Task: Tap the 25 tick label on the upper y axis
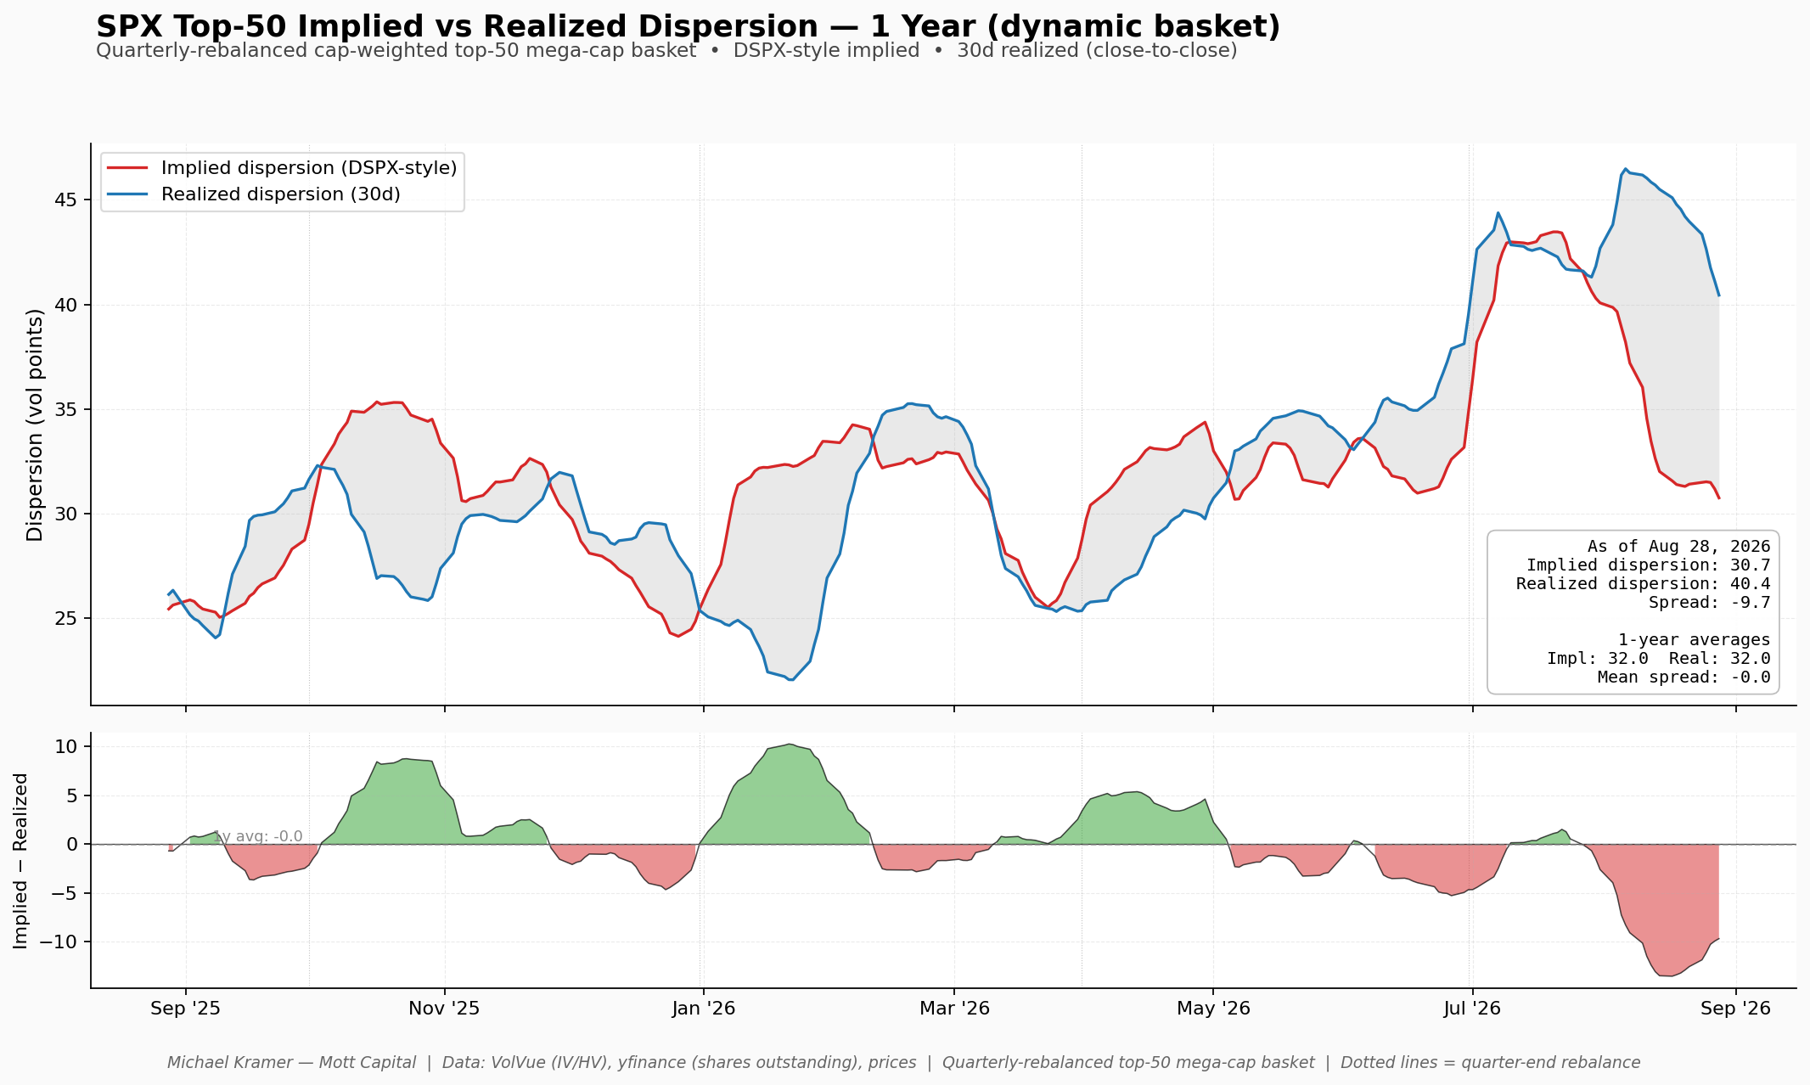[x=66, y=619]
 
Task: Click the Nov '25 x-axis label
[x=444, y=1009]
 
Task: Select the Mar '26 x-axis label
[x=955, y=1009]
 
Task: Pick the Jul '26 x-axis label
[x=1472, y=1009]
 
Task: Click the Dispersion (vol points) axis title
[x=35, y=424]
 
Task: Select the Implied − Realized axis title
[x=21, y=861]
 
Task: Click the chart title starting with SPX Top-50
[x=688, y=26]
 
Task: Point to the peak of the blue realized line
[x=1626, y=169]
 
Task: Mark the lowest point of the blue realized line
[x=791, y=680]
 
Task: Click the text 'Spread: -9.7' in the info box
[x=1709, y=603]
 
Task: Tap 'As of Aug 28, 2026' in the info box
[x=1679, y=547]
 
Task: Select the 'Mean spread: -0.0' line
[x=1684, y=677]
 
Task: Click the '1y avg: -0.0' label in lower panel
[x=258, y=836]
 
